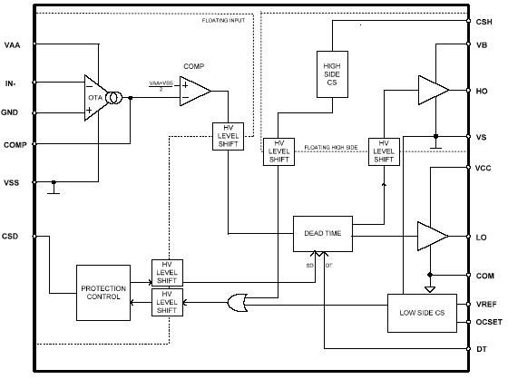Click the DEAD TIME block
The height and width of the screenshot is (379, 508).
tap(322, 233)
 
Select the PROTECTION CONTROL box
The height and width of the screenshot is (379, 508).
tap(103, 290)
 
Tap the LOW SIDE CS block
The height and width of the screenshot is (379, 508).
tap(420, 313)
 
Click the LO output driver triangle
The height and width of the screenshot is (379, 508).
tap(432, 236)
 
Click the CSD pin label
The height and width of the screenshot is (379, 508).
tap(12, 236)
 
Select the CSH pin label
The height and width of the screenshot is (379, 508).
tap(484, 20)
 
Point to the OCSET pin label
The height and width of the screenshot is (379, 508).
tap(487, 322)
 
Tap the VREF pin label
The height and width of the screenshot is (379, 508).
tap(484, 305)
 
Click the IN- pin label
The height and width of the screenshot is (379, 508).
tap(11, 83)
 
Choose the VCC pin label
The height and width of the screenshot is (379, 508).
tap(484, 168)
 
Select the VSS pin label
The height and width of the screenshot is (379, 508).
tap(12, 182)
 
